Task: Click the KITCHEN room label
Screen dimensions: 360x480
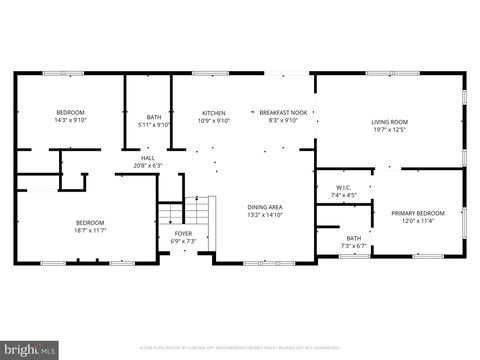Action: coord(214,113)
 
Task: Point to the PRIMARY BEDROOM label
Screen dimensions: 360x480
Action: coord(417,213)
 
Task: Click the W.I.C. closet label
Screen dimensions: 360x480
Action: coord(344,188)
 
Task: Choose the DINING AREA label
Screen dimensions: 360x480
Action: coord(265,207)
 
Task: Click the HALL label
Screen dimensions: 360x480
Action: coord(148,158)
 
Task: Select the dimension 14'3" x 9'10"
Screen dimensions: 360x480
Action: coord(70,120)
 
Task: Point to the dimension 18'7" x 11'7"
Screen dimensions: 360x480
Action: coord(90,230)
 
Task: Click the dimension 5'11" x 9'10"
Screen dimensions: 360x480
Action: coord(154,125)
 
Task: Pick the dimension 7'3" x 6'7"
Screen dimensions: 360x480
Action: coord(354,246)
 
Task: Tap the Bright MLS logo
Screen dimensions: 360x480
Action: coord(29,350)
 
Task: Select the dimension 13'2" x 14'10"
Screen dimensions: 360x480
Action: coord(265,215)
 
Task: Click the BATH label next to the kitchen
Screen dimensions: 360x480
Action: coord(154,117)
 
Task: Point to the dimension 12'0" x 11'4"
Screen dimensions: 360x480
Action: coord(417,221)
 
